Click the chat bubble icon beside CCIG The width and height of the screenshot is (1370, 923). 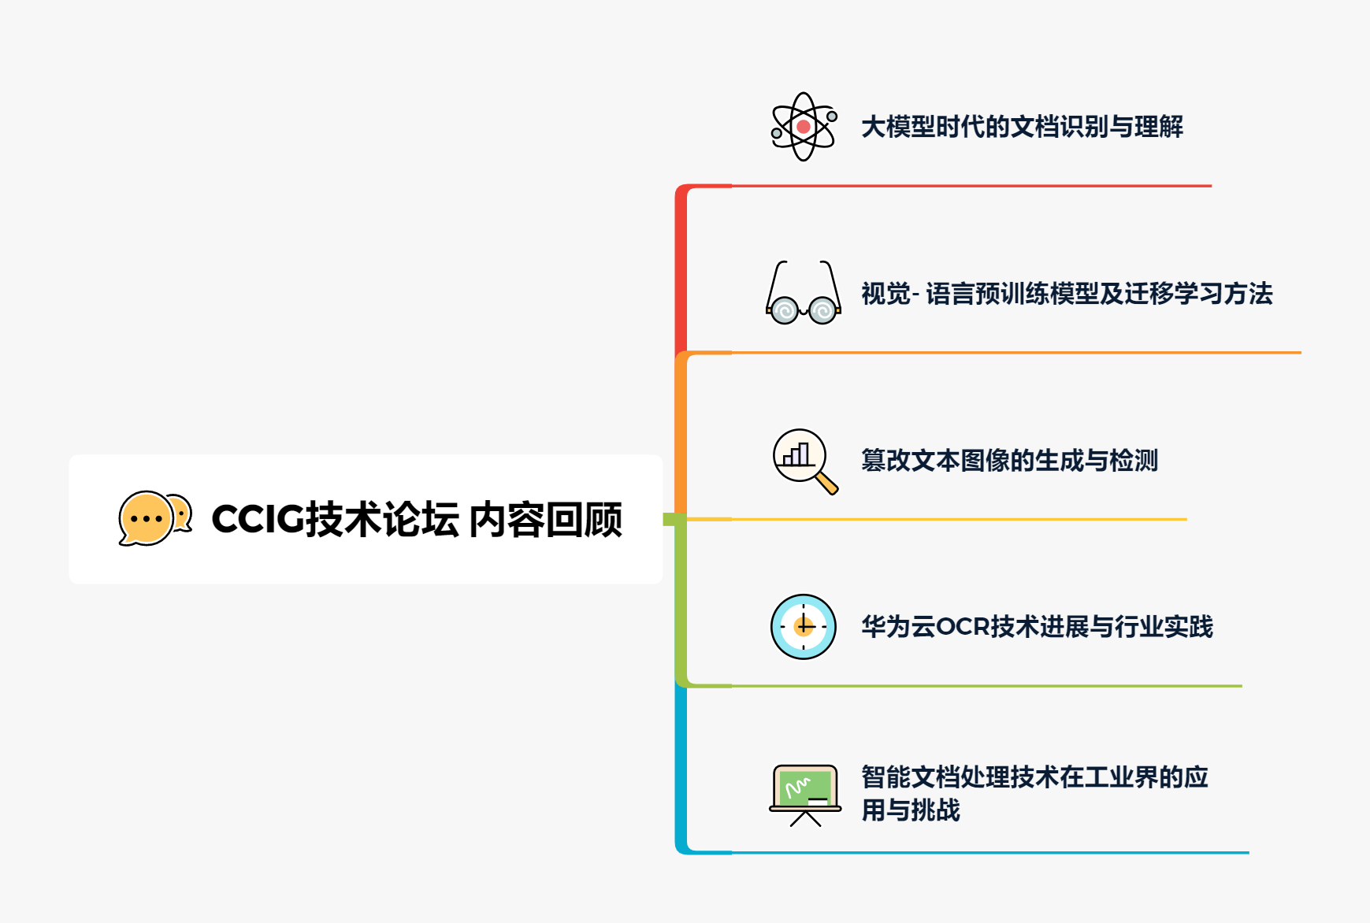tap(154, 518)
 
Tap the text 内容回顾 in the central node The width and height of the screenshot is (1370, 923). tap(545, 520)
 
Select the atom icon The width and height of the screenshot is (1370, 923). tap(803, 127)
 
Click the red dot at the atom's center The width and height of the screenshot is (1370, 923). tap(803, 126)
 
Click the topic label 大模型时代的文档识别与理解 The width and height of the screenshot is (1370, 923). tap(1022, 127)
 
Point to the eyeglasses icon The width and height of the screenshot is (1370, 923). tap(803, 293)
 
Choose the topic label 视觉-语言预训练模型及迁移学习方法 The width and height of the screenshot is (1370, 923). tap(1067, 294)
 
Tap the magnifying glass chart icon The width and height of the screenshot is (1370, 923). tap(803, 460)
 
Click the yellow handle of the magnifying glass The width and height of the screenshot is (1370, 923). tap(826, 483)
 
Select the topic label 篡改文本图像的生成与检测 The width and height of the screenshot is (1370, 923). tap(1009, 460)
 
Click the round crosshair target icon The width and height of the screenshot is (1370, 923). tap(803, 627)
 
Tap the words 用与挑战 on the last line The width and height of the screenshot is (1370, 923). tap(911, 810)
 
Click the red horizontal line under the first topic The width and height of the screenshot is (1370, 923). tap(969, 186)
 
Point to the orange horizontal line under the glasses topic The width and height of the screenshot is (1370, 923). tap(1016, 353)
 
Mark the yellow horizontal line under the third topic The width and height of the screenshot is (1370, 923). tap(957, 519)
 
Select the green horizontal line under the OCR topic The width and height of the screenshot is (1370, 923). tap(985, 686)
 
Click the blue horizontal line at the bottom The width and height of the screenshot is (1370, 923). tap(989, 852)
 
